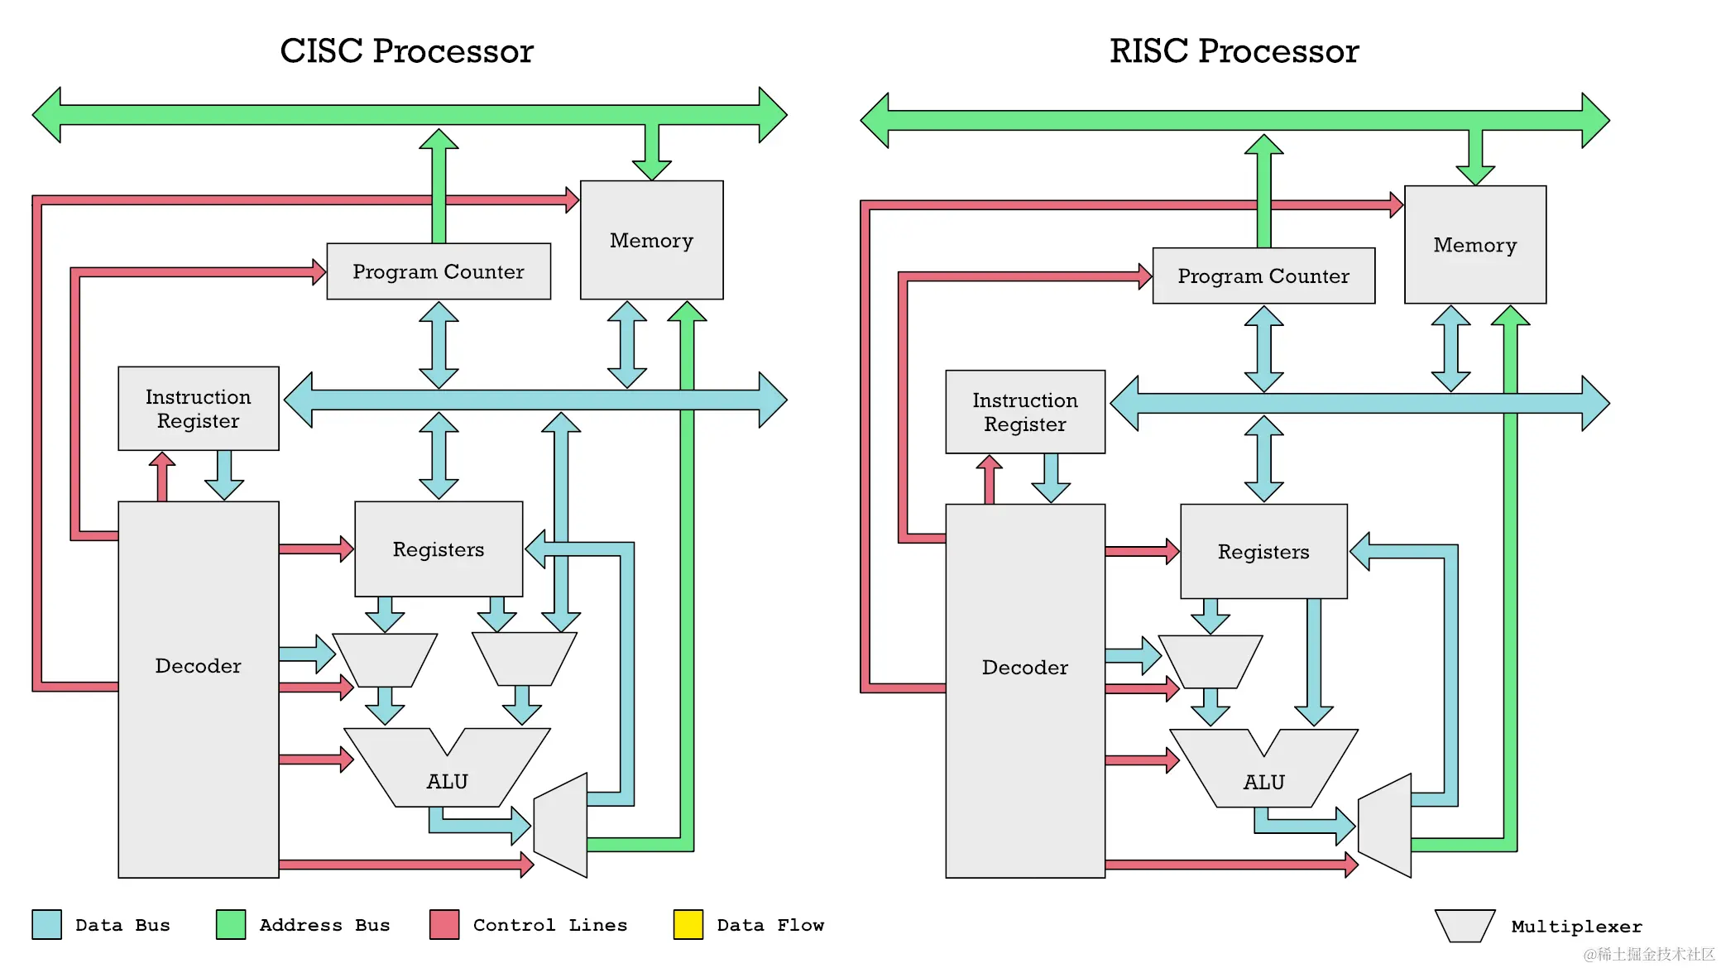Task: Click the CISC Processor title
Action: coord(406,51)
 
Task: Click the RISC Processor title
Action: coord(1234,51)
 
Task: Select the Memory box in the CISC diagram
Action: coord(651,240)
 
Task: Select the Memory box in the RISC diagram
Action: coord(1474,245)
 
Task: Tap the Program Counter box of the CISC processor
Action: coord(439,271)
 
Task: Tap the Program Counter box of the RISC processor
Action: coord(1263,276)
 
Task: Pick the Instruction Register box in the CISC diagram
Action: coord(199,409)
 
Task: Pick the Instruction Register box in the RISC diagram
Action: coord(1025,412)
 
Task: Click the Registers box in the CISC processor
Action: coord(439,549)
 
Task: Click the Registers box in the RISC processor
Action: coord(1263,552)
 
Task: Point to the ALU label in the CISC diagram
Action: coord(447,781)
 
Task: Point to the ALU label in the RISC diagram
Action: coord(1263,782)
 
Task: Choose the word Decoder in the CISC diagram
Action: coord(199,666)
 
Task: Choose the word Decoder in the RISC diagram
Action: coord(1025,668)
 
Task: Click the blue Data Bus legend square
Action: coord(46,924)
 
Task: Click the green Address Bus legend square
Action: coord(231,924)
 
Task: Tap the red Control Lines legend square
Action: coord(444,924)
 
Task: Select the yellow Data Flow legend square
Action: coord(688,924)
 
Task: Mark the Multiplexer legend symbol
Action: coord(1465,926)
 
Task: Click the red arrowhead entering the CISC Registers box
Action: coord(346,549)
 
